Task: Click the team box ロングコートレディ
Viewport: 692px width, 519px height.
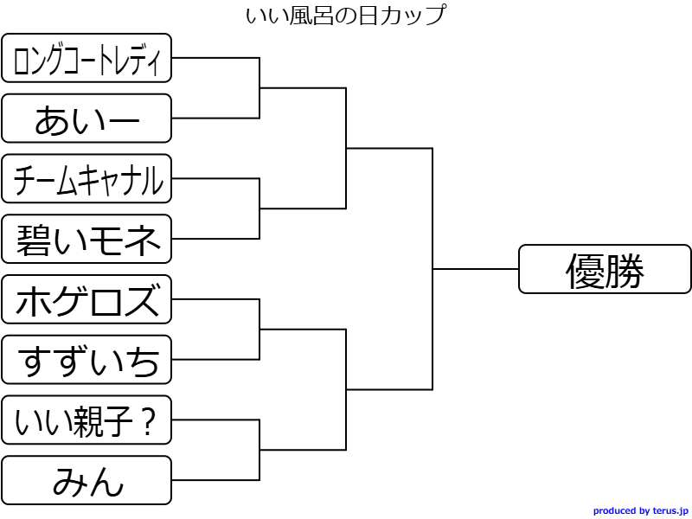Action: [86, 58]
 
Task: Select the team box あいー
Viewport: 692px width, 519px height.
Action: [86, 119]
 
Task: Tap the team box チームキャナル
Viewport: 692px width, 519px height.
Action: [86, 179]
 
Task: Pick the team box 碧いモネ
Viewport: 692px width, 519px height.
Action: [86, 239]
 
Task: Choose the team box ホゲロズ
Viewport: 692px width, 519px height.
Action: [86, 299]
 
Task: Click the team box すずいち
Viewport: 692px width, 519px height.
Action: [86, 360]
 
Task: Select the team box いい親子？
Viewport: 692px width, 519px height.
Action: [86, 420]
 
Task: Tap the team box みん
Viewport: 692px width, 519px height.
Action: [86, 480]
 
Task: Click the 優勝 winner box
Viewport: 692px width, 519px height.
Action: [605, 269]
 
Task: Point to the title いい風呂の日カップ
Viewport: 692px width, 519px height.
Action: [345, 15]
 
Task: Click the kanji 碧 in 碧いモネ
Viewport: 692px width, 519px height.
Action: [33, 240]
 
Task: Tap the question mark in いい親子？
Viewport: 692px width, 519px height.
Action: [147, 422]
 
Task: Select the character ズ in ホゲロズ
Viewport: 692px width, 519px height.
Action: [142, 300]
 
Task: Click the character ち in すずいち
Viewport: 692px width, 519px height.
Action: [143, 362]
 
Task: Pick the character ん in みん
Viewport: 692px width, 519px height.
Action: [106, 482]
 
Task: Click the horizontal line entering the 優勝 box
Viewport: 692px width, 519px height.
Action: [475, 269]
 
